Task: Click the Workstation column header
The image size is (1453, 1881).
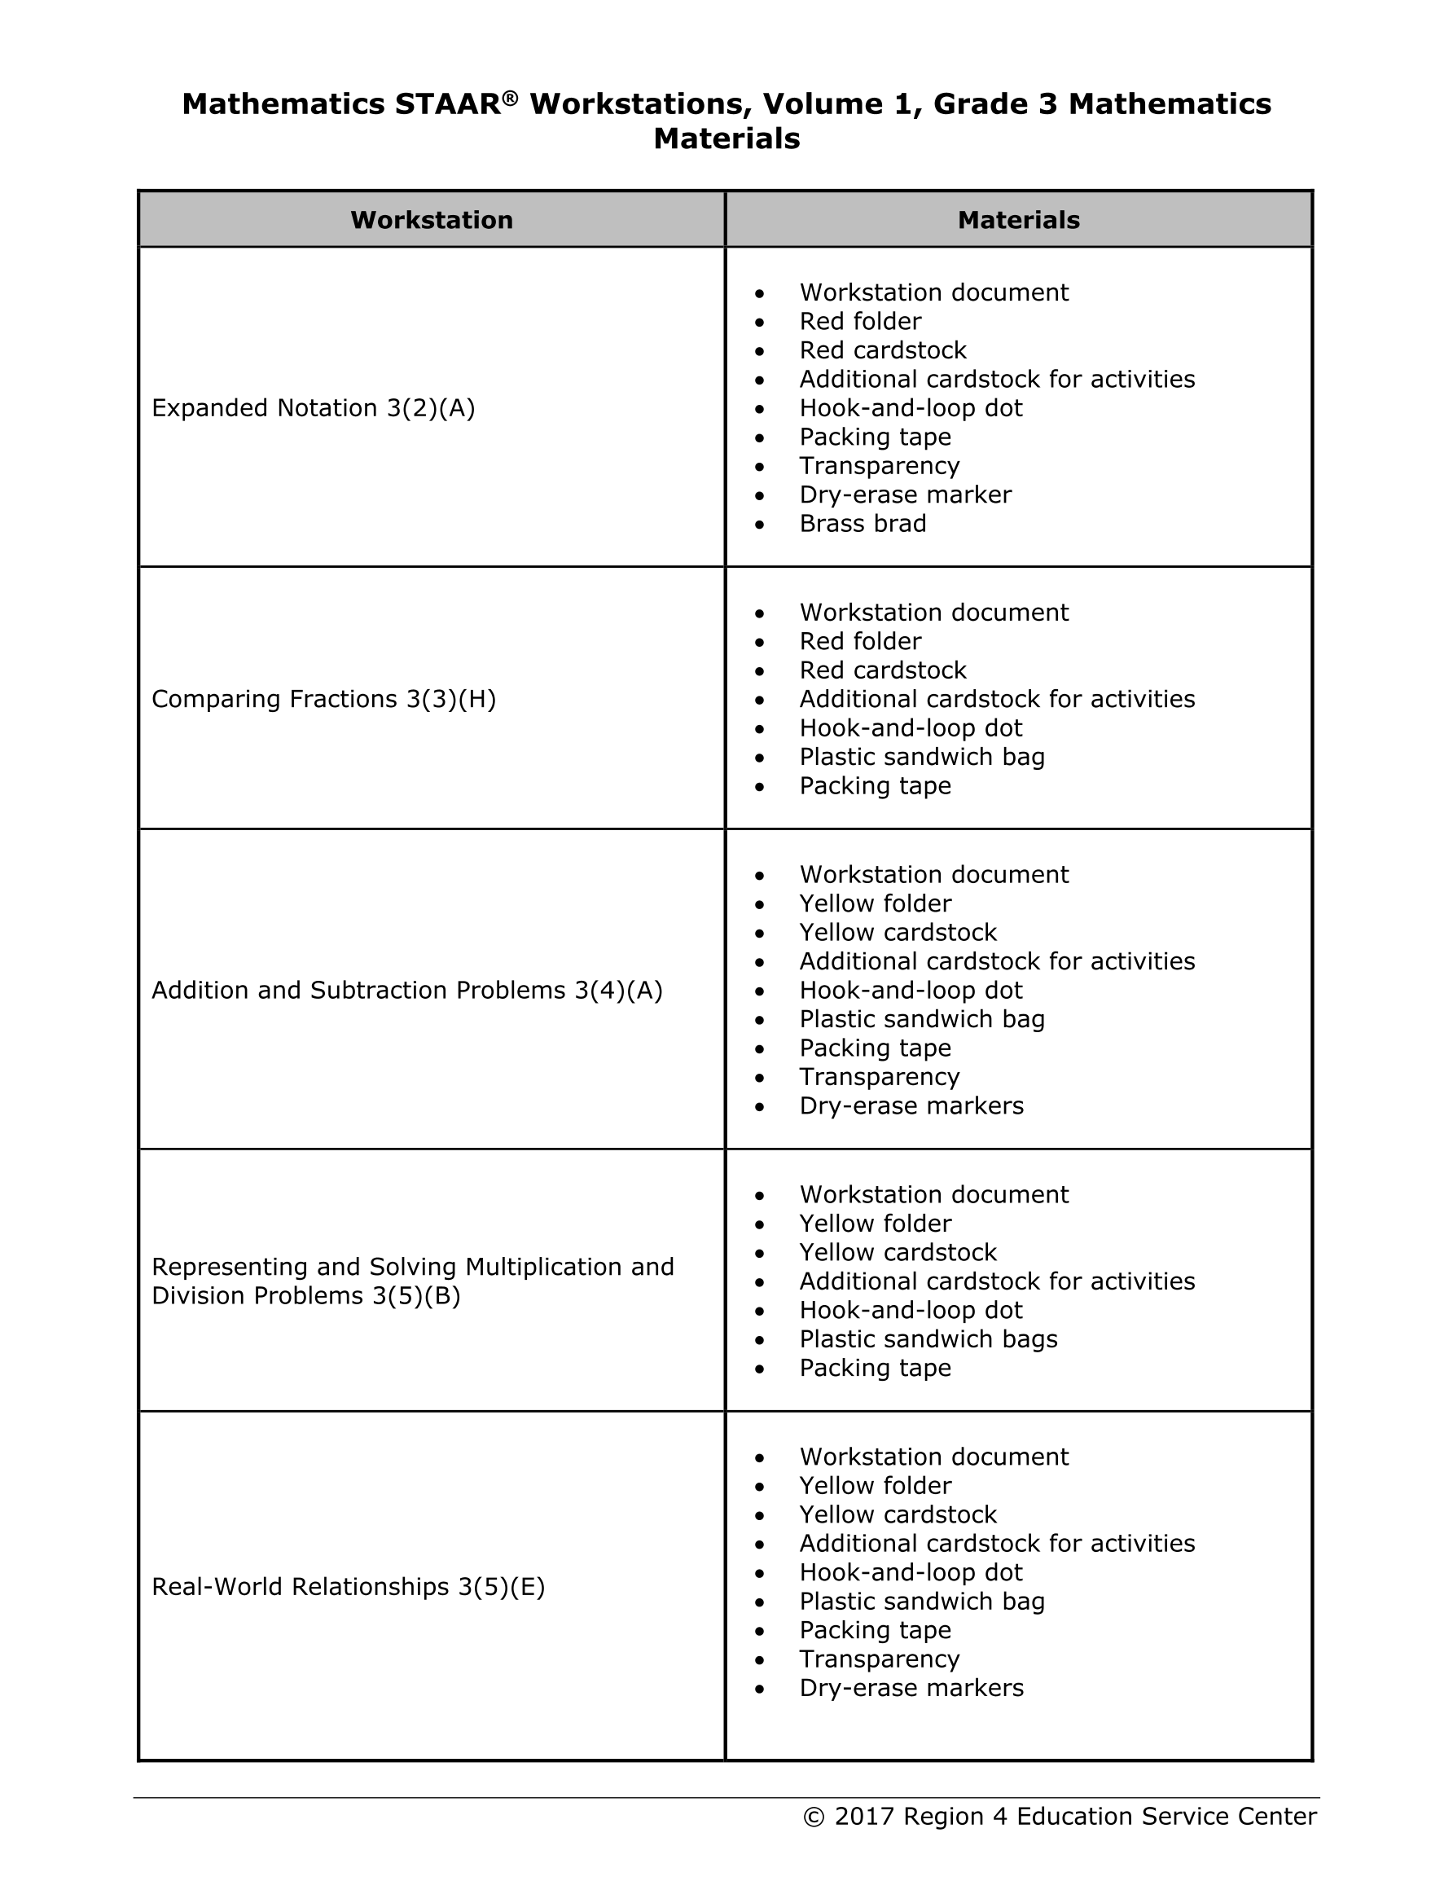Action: [x=432, y=221]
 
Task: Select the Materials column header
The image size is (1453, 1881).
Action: [x=1018, y=221]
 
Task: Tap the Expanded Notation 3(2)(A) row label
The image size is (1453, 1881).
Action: [x=314, y=408]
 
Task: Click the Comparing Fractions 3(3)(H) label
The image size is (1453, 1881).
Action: [x=324, y=699]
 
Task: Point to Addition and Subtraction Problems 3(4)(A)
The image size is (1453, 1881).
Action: [x=407, y=991]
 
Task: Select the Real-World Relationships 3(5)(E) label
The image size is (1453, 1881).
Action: [x=349, y=1586]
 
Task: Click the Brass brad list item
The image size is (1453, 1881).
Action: [x=863, y=524]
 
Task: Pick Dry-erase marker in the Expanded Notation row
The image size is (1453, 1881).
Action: [x=905, y=495]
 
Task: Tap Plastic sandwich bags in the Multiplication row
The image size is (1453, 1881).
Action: [x=928, y=1339]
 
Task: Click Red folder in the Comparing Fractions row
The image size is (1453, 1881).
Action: [x=860, y=642]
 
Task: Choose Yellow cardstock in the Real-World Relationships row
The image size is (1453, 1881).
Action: [x=898, y=1515]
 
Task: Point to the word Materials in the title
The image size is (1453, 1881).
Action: [x=726, y=138]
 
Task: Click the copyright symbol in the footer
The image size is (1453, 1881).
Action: [x=814, y=1817]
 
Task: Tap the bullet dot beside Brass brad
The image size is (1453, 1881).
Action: [x=759, y=525]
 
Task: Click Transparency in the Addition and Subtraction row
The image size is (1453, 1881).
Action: [x=880, y=1078]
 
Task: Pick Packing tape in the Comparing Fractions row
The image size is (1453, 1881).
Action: [x=875, y=786]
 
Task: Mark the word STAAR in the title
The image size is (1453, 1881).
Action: [x=448, y=104]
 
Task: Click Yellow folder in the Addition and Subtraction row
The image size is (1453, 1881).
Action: [x=875, y=904]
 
